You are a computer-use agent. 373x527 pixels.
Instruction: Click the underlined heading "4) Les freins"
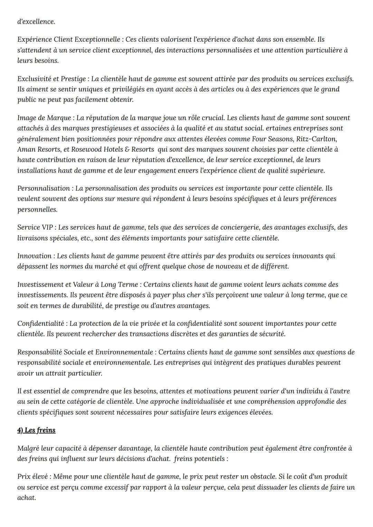[36, 430]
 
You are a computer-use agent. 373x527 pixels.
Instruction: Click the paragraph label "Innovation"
[34, 256]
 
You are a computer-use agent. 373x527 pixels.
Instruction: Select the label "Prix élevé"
[33, 477]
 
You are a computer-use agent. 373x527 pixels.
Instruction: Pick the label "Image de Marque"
[45, 118]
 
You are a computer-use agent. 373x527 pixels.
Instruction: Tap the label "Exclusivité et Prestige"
[51, 79]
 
